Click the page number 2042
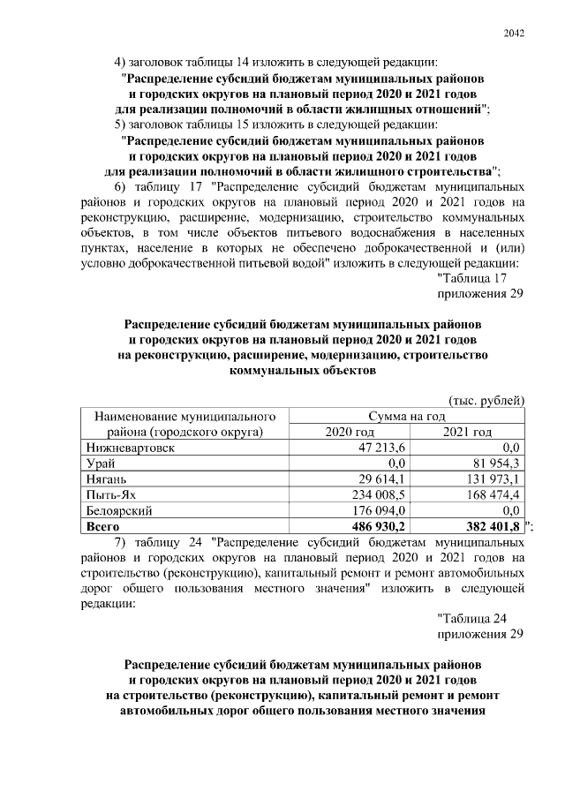[x=514, y=34]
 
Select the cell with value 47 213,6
[x=380, y=448]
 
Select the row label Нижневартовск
[x=129, y=448]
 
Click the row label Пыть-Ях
[x=110, y=495]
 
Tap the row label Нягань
[x=106, y=479]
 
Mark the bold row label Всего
[x=101, y=527]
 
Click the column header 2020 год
[x=350, y=432]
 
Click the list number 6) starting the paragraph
[x=123, y=188]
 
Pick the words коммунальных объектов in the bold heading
[x=303, y=372]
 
